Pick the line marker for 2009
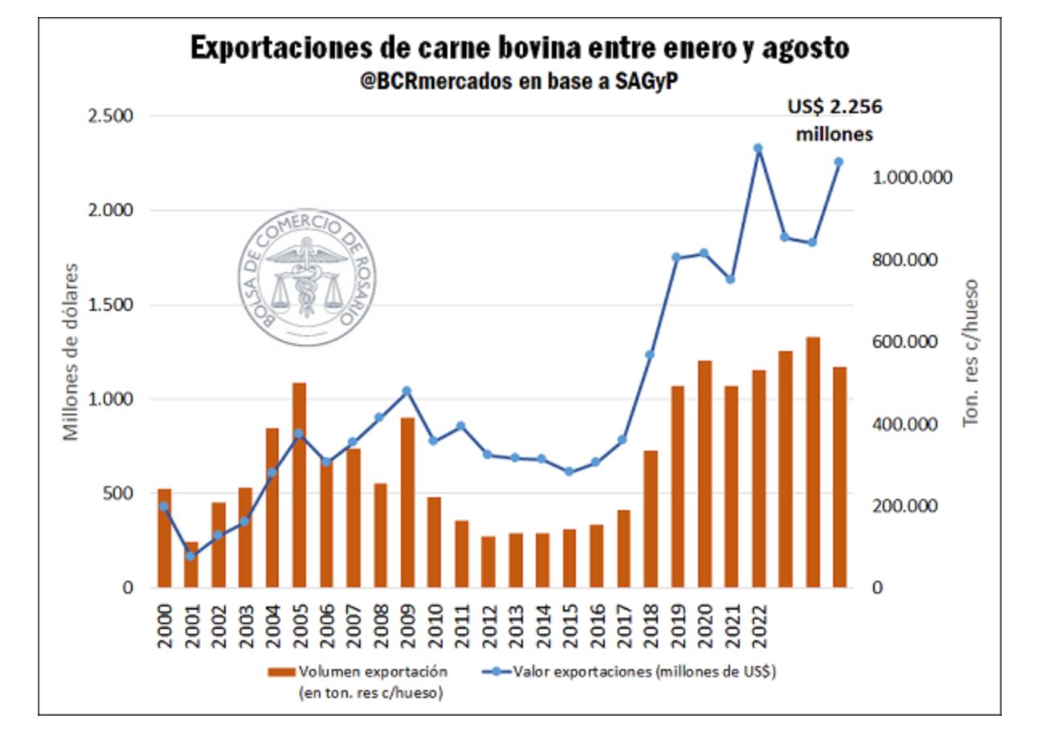click(406, 391)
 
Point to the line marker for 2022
click(757, 148)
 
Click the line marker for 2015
click(569, 472)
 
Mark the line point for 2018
click(650, 354)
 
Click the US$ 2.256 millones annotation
click(834, 121)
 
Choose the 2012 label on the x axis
click(488, 623)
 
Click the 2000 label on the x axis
click(164, 623)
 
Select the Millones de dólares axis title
click(71, 350)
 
